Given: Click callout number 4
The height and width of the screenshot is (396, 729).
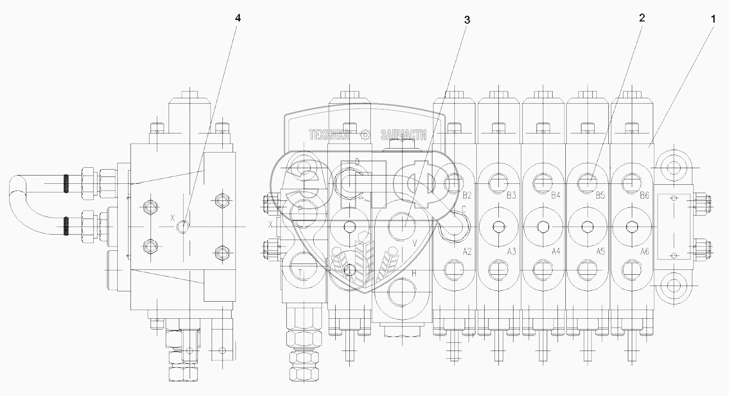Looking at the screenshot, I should click(238, 18).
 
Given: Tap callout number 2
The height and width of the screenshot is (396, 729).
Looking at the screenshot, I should click(641, 18).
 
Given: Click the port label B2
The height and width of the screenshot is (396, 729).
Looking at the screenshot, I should click(467, 196).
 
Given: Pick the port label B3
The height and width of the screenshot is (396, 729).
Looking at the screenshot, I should click(512, 196).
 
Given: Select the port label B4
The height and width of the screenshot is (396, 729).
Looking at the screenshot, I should click(556, 196).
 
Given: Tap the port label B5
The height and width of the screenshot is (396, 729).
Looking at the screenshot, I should click(600, 196).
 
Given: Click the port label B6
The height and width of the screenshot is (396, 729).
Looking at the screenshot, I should click(644, 196).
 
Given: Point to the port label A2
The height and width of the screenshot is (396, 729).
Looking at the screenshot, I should click(467, 252).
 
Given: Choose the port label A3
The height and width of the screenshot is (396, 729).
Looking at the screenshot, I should click(512, 252).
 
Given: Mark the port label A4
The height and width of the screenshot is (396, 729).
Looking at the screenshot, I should click(556, 252).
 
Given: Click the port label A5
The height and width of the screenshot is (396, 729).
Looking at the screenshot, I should click(600, 252).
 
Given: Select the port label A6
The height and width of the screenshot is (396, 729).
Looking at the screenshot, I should click(644, 252).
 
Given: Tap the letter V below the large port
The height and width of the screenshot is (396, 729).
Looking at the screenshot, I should click(415, 243).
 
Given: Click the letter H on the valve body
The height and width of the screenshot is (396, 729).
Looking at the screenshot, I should click(414, 274).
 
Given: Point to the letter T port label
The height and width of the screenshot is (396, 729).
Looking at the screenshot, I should click(300, 271).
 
